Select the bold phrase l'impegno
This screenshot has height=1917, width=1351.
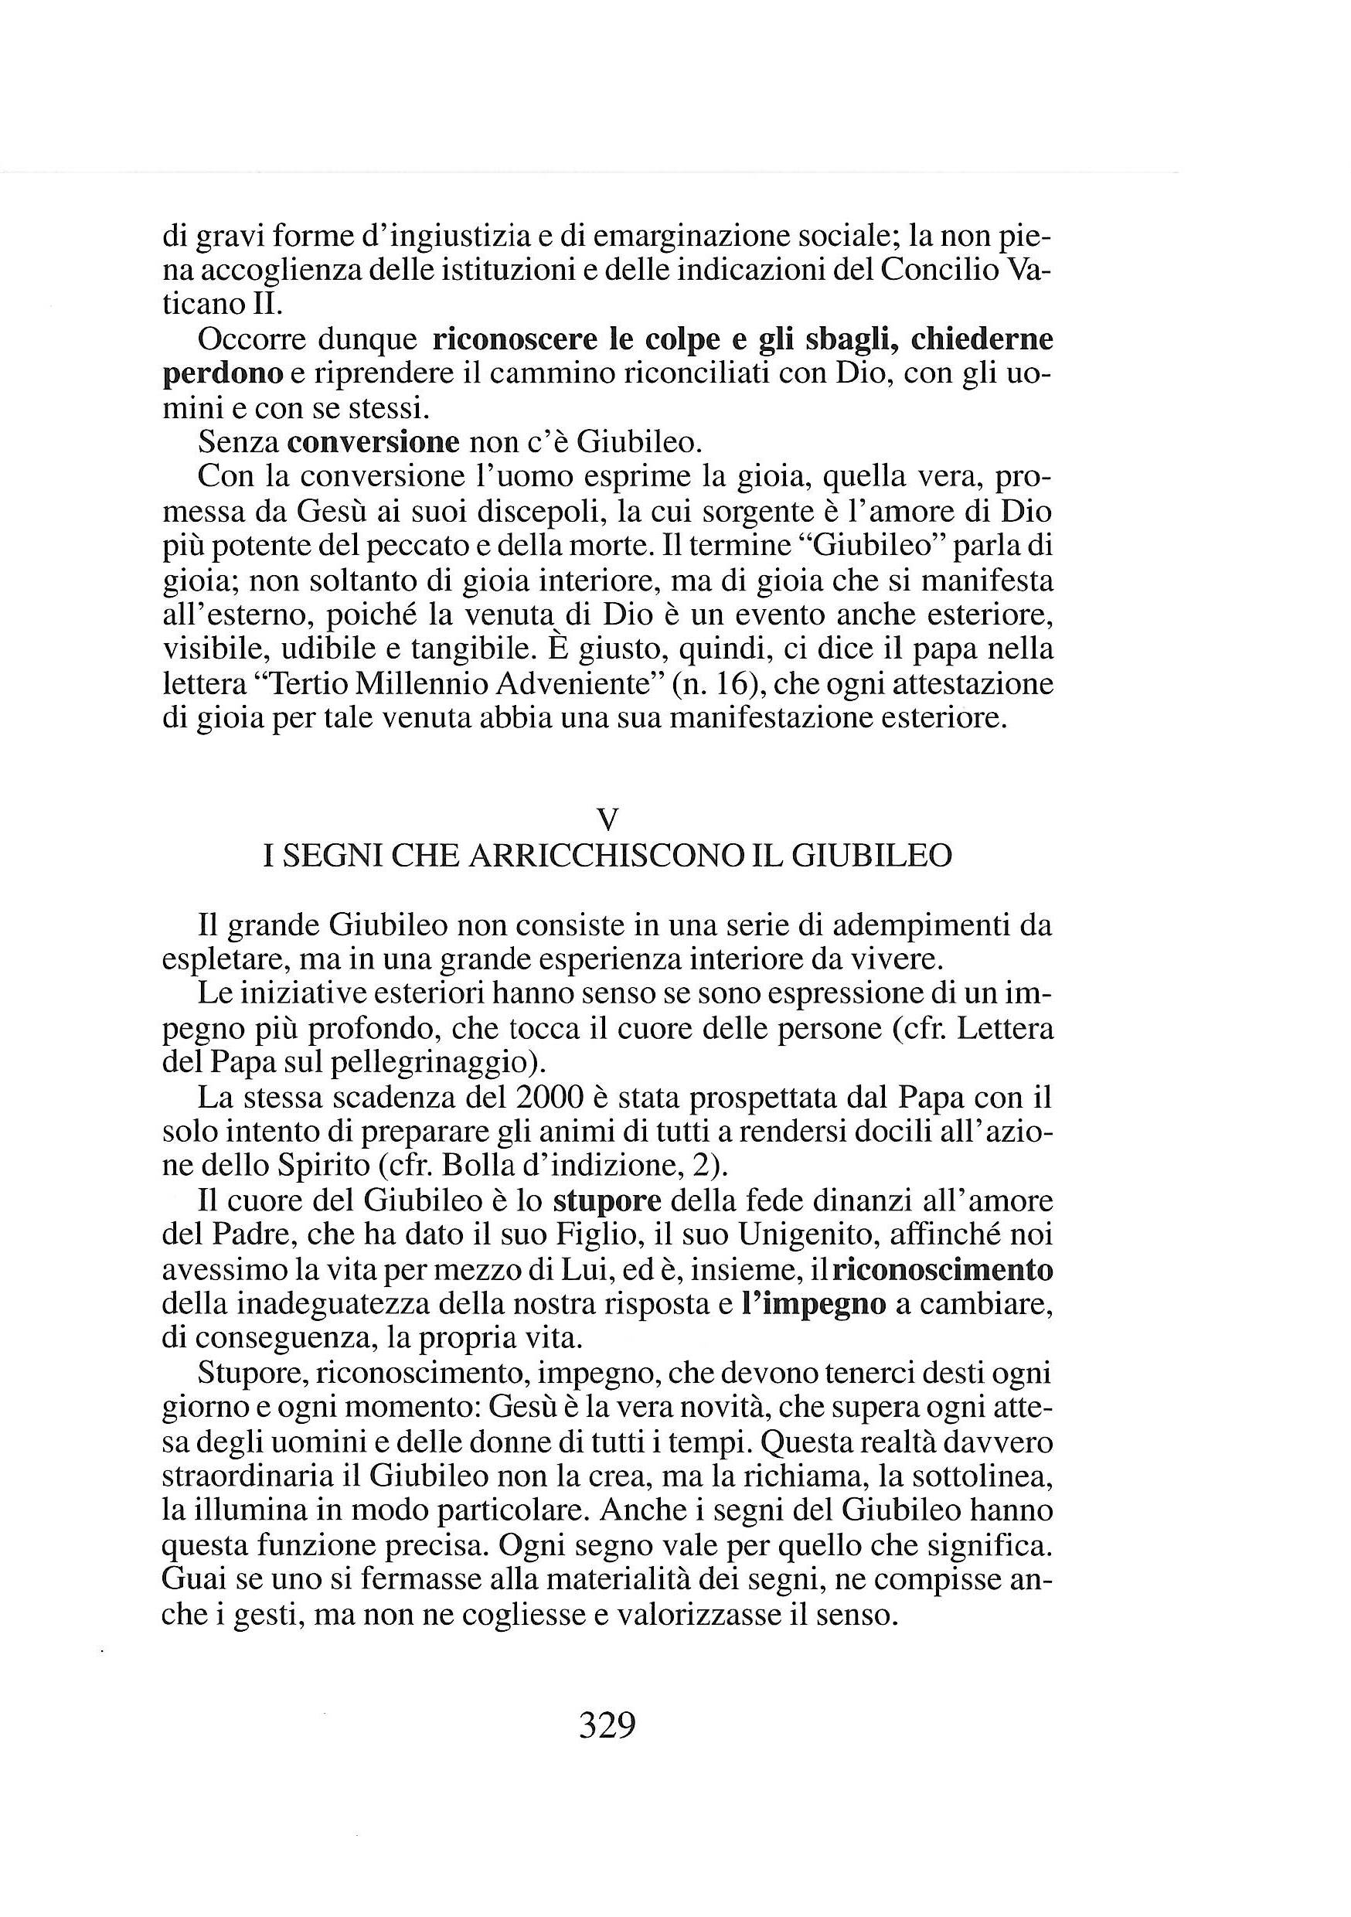pos(813,1303)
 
